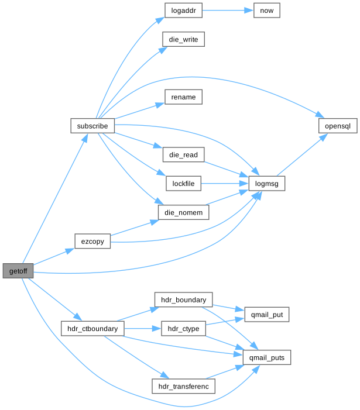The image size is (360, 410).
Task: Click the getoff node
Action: [18, 271]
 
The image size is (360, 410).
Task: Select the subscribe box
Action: [92, 126]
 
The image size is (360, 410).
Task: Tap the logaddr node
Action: [183, 11]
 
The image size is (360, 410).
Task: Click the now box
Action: [267, 11]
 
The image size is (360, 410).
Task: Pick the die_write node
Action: [183, 40]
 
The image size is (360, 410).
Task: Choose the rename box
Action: [183, 97]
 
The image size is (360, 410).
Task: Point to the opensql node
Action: [337, 126]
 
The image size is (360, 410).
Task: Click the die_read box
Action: [183, 155]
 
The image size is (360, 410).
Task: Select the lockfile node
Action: [183, 184]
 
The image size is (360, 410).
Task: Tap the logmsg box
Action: [267, 184]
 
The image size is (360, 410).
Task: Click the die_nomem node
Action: [183, 212]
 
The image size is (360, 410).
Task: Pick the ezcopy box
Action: [92, 241]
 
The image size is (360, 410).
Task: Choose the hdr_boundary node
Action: [183, 300]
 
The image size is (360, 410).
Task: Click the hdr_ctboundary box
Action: [92, 329]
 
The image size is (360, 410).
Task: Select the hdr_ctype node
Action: [183, 329]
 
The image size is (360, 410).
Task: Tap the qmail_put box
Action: [267, 315]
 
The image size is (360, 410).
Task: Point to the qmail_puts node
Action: [267, 357]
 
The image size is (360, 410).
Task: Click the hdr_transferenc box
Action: [183, 386]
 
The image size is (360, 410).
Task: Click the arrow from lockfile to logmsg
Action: [225, 184]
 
